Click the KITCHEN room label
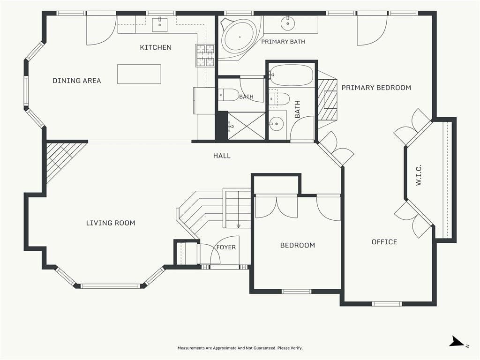click(x=156, y=47)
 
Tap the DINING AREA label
click(x=77, y=81)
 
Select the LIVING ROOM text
click(x=111, y=223)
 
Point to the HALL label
click(x=222, y=156)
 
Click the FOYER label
click(x=226, y=247)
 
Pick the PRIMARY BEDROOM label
click(x=376, y=88)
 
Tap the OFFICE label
click(x=384, y=242)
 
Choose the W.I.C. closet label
click(x=419, y=175)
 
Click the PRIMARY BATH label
click(x=283, y=42)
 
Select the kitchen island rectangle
click(x=139, y=74)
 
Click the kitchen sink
click(x=160, y=25)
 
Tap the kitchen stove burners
click(x=205, y=55)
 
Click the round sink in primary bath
click(x=288, y=23)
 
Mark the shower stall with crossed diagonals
click(x=247, y=126)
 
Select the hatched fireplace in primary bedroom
click(x=327, y=100)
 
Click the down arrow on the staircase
click(x=239, y=226)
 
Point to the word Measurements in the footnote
click(x=192, y=348)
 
